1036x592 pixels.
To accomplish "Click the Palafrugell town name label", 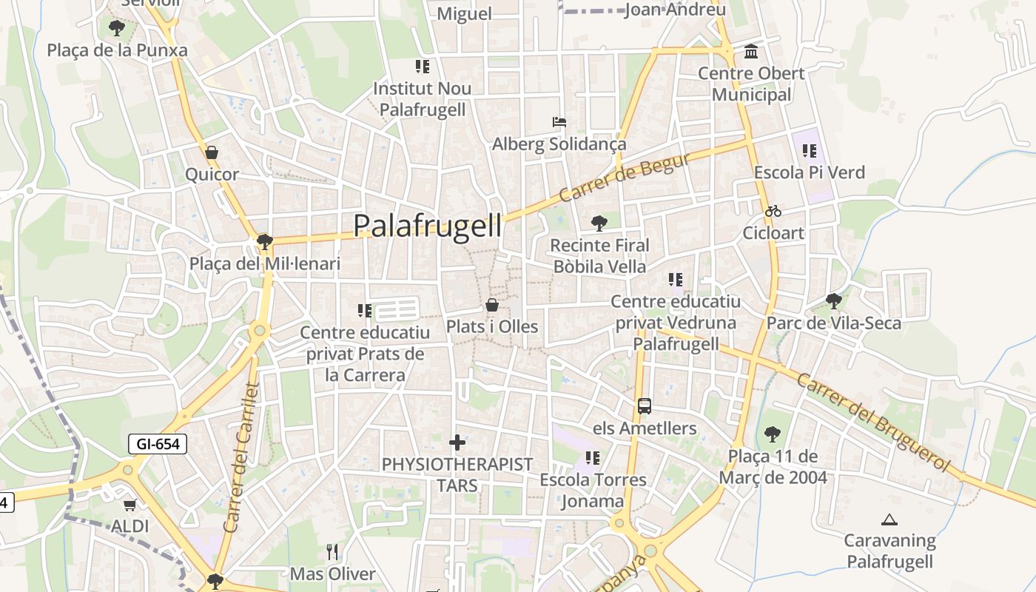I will click(427, 226).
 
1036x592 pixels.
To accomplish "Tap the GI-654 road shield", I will click(158, 444).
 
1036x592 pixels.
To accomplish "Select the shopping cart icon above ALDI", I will click(130, 505).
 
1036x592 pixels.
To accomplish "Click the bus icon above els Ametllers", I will click(645, 406).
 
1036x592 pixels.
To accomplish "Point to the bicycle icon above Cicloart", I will click(773, 211).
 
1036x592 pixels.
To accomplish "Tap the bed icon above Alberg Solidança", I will click(559, 121).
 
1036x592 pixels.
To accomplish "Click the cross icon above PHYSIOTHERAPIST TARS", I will click(457, 443).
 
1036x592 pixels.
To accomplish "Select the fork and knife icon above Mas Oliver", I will click(332, 552).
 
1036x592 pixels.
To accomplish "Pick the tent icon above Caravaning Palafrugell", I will click(889, 519).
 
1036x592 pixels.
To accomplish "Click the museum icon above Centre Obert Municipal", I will click(751, 51).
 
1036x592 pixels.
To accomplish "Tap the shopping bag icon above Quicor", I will click(212, 152).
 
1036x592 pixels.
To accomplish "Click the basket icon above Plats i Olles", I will click(491, 305).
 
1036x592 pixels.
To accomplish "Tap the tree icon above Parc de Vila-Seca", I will click(834, 301).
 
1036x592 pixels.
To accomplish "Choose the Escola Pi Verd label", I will click(809, 172).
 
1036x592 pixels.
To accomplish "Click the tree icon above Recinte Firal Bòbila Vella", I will click(599, 223).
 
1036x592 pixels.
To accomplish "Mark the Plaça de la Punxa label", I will click(118, 50).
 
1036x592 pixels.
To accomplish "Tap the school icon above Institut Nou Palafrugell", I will click(423, 67).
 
